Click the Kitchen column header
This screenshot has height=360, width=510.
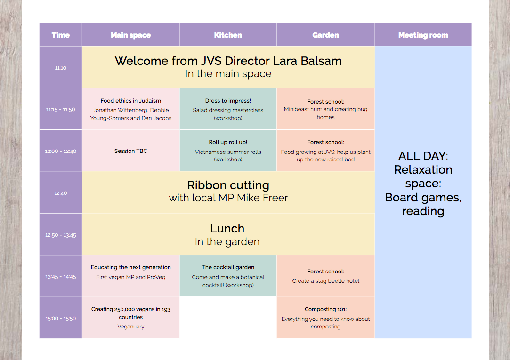pyautogui.click(x=228, y=35)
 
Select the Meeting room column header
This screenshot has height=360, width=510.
pyautogui.click(x=423, y=35)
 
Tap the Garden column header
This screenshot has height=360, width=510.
pyautogui.click(x=325, y=35)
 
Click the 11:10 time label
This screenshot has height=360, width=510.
pyautogui.click(x=60, y=68)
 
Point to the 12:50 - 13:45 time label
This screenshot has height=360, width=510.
pyautogui.click(x=60, y=235)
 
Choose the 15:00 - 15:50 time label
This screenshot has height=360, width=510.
pyautogui.click(x=60, y=319)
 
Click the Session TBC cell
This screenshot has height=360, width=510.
pyautogui.click(x=131, y=151)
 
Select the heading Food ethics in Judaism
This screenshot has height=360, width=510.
pyautogui.click(x=131, y=101)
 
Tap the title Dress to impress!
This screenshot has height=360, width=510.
pyautogui.click(x=228, y=101)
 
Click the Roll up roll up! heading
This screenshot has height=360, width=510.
pyautogui.click(x=228, y=142)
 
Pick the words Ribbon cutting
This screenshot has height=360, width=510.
pyautogui.click(x=228, y=185)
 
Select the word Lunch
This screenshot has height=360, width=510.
pyautogui.click(x=227, y=228)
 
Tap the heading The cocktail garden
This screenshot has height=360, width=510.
pyautogui.click(x=228, y=267)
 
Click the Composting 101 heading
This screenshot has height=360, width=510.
pyautogui.click(x=325, y=309)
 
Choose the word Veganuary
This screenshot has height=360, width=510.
pyautogui.click(x=131, y=327)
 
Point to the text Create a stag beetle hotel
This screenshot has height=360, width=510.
pyautogui.click(x=325, y=281)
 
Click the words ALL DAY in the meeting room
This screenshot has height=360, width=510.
pyautogui.click(x=423, y=156)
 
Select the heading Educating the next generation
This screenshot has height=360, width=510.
pyautogui.click(x=131, y=267)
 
